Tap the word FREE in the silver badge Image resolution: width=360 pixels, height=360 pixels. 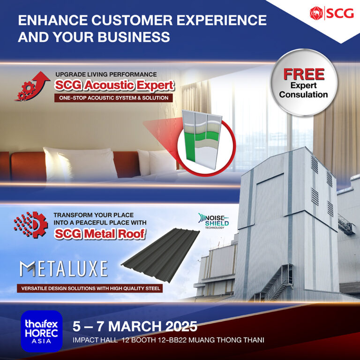tap(303, 75)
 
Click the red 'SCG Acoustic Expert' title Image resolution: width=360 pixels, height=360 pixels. tap(114, 86)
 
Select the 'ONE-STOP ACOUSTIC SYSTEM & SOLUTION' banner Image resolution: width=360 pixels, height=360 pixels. tap(113, 98)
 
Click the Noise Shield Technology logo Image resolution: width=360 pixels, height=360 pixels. tap(212, 221)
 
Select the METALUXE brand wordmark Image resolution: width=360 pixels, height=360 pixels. tap(63, 268)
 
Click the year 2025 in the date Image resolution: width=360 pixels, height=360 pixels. tap(178, 326)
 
